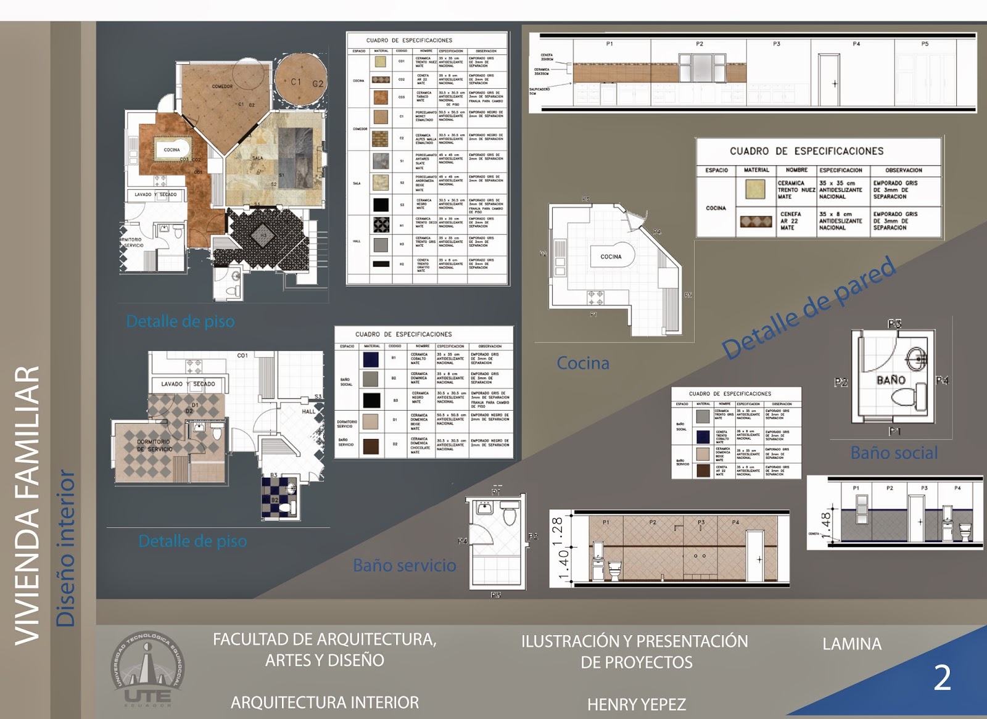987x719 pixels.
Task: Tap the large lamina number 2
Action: pos(942,678)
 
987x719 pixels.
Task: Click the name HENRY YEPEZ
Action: pos(636,704)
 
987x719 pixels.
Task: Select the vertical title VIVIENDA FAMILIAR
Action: pos(28,506)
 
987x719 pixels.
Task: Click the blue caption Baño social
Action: pos(894,453)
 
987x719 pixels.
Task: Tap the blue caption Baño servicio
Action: pos(405,565)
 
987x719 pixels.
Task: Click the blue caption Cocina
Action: pos(583,363)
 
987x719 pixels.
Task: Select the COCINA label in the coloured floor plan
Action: pos(171,150)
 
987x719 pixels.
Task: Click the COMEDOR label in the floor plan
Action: pos(222,86)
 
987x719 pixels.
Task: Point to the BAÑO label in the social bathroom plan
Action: pos(891,380)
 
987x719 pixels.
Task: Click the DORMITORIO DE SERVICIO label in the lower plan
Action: pos(154,445)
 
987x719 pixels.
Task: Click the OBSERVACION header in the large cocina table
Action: pos(904,170)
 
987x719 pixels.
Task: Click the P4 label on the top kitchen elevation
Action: pos(856,44)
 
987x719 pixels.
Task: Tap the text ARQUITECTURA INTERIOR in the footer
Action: pos(324,702)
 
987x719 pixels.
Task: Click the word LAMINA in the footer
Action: pos(852,644)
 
